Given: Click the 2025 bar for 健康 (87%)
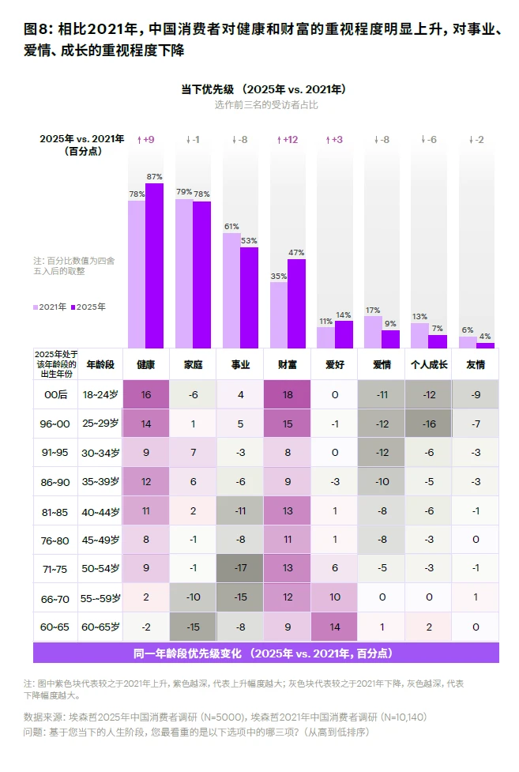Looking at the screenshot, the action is [x=154, y=265].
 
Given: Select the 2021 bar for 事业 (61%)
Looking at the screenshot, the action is [x=231, y=291].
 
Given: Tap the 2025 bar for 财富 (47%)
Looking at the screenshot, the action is [x=296, y=303].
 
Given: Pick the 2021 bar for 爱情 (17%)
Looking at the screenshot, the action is [x=373, y=333].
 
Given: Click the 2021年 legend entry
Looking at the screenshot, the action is [x=50, y=307].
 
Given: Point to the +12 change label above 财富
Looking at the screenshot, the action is [x=288, y=140].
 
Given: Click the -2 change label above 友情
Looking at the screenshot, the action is [x=476, y=140].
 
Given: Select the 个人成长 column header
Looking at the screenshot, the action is [x=429, y=365].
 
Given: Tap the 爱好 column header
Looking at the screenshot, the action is [x=335, y=365].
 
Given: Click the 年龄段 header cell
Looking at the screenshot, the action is [x=100, y=365].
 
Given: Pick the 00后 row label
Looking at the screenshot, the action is [x=55, y=395].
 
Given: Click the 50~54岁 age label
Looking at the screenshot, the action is [x=100, y=569].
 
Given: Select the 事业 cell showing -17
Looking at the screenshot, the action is [x=240, y=568].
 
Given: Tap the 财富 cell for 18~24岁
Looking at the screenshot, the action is [x=288, y=394].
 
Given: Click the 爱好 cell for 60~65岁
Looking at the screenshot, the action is [x=335, y=627].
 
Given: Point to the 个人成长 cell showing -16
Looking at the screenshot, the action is [x=429, y=424].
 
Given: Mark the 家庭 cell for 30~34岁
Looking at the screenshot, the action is [x=193, y=453].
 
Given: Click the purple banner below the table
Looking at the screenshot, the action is [x=266, y=653].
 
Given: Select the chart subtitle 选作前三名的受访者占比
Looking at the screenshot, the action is [x=266, y=105].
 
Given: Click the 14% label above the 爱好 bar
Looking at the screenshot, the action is [x=343, y=315].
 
